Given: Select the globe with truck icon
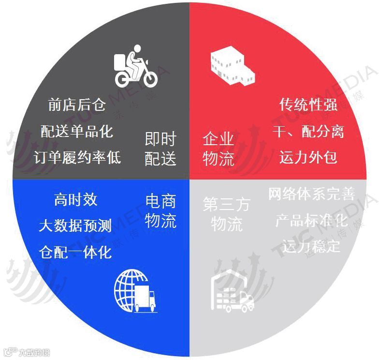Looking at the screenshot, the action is click(x=136, y=292).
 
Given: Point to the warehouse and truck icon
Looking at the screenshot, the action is click(x=232, y=292).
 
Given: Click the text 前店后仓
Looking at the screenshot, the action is click(x=77, y=105).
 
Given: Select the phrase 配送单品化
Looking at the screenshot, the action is click(x=77, y=131).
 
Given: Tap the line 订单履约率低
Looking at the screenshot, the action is click(x=77, y=157).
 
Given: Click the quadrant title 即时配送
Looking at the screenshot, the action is click(x=160, y=149).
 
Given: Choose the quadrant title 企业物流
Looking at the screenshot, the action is click(x=219, y=149).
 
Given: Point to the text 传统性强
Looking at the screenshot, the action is click(x=308, y=105).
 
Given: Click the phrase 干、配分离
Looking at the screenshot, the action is click(x=308, y=131).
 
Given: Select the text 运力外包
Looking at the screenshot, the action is click(x=308, y=157).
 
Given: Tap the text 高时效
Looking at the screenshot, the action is click(x=76, y=200).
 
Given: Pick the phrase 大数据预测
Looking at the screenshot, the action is click(x=76, y=226).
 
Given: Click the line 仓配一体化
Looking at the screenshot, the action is click(x=76, y=252).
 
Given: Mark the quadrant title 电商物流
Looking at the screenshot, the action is click(x=161, y=211).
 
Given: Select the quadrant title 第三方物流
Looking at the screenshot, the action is click(x=227, y=214).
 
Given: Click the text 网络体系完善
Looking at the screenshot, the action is click(x=311, y=195).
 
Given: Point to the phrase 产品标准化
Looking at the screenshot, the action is click(x=311, y=221).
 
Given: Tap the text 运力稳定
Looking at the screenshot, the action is click(x=311, y=247).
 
